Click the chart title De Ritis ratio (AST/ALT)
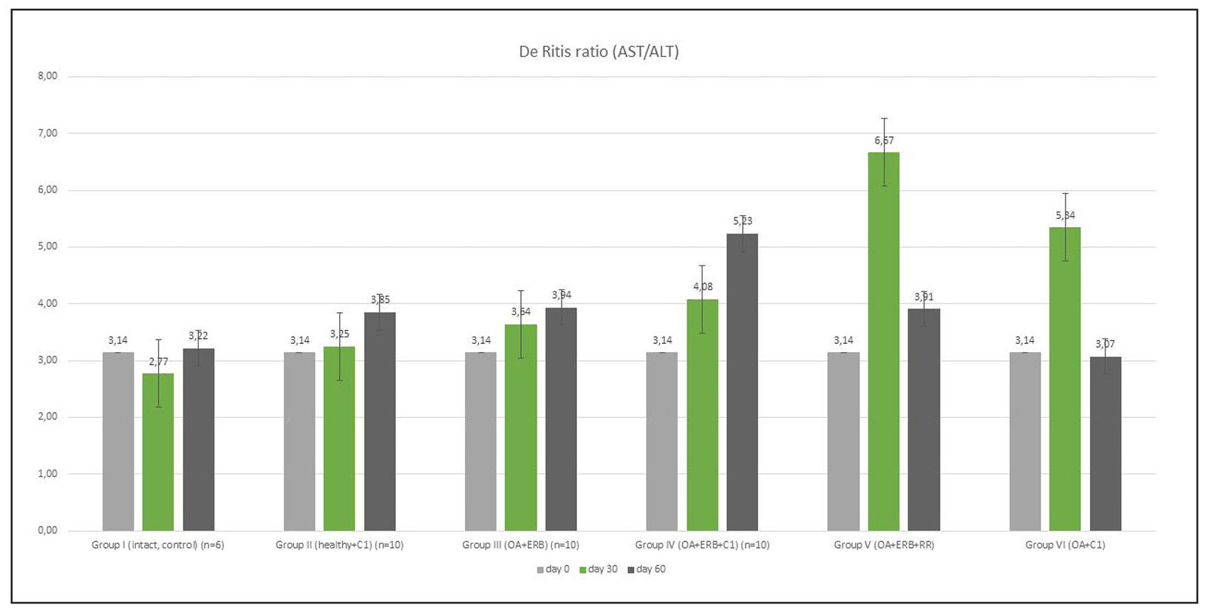click(599, 52)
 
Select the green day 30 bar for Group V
click(883, 341)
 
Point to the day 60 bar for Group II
click(380, 421)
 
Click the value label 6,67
click(884, 141)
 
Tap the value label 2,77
click(158, 362)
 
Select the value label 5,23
click(743, 220)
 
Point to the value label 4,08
click(703, 286)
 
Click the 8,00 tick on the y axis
click(47, 76)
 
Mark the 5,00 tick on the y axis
click(47, 246)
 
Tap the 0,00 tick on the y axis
click(47, 530)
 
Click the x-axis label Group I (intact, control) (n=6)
click(157, 545)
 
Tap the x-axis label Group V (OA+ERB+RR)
click(884, 545)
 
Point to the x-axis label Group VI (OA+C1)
click(1065, 545)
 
